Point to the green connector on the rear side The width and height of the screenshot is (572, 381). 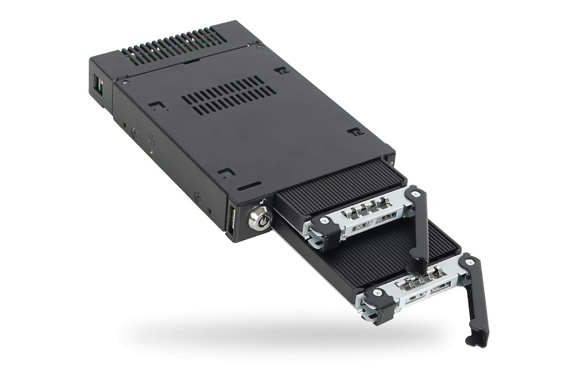pyautogui.click(x=98, y=84)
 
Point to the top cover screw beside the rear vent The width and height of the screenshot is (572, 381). pyautogui.click(x=258, y=46)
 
